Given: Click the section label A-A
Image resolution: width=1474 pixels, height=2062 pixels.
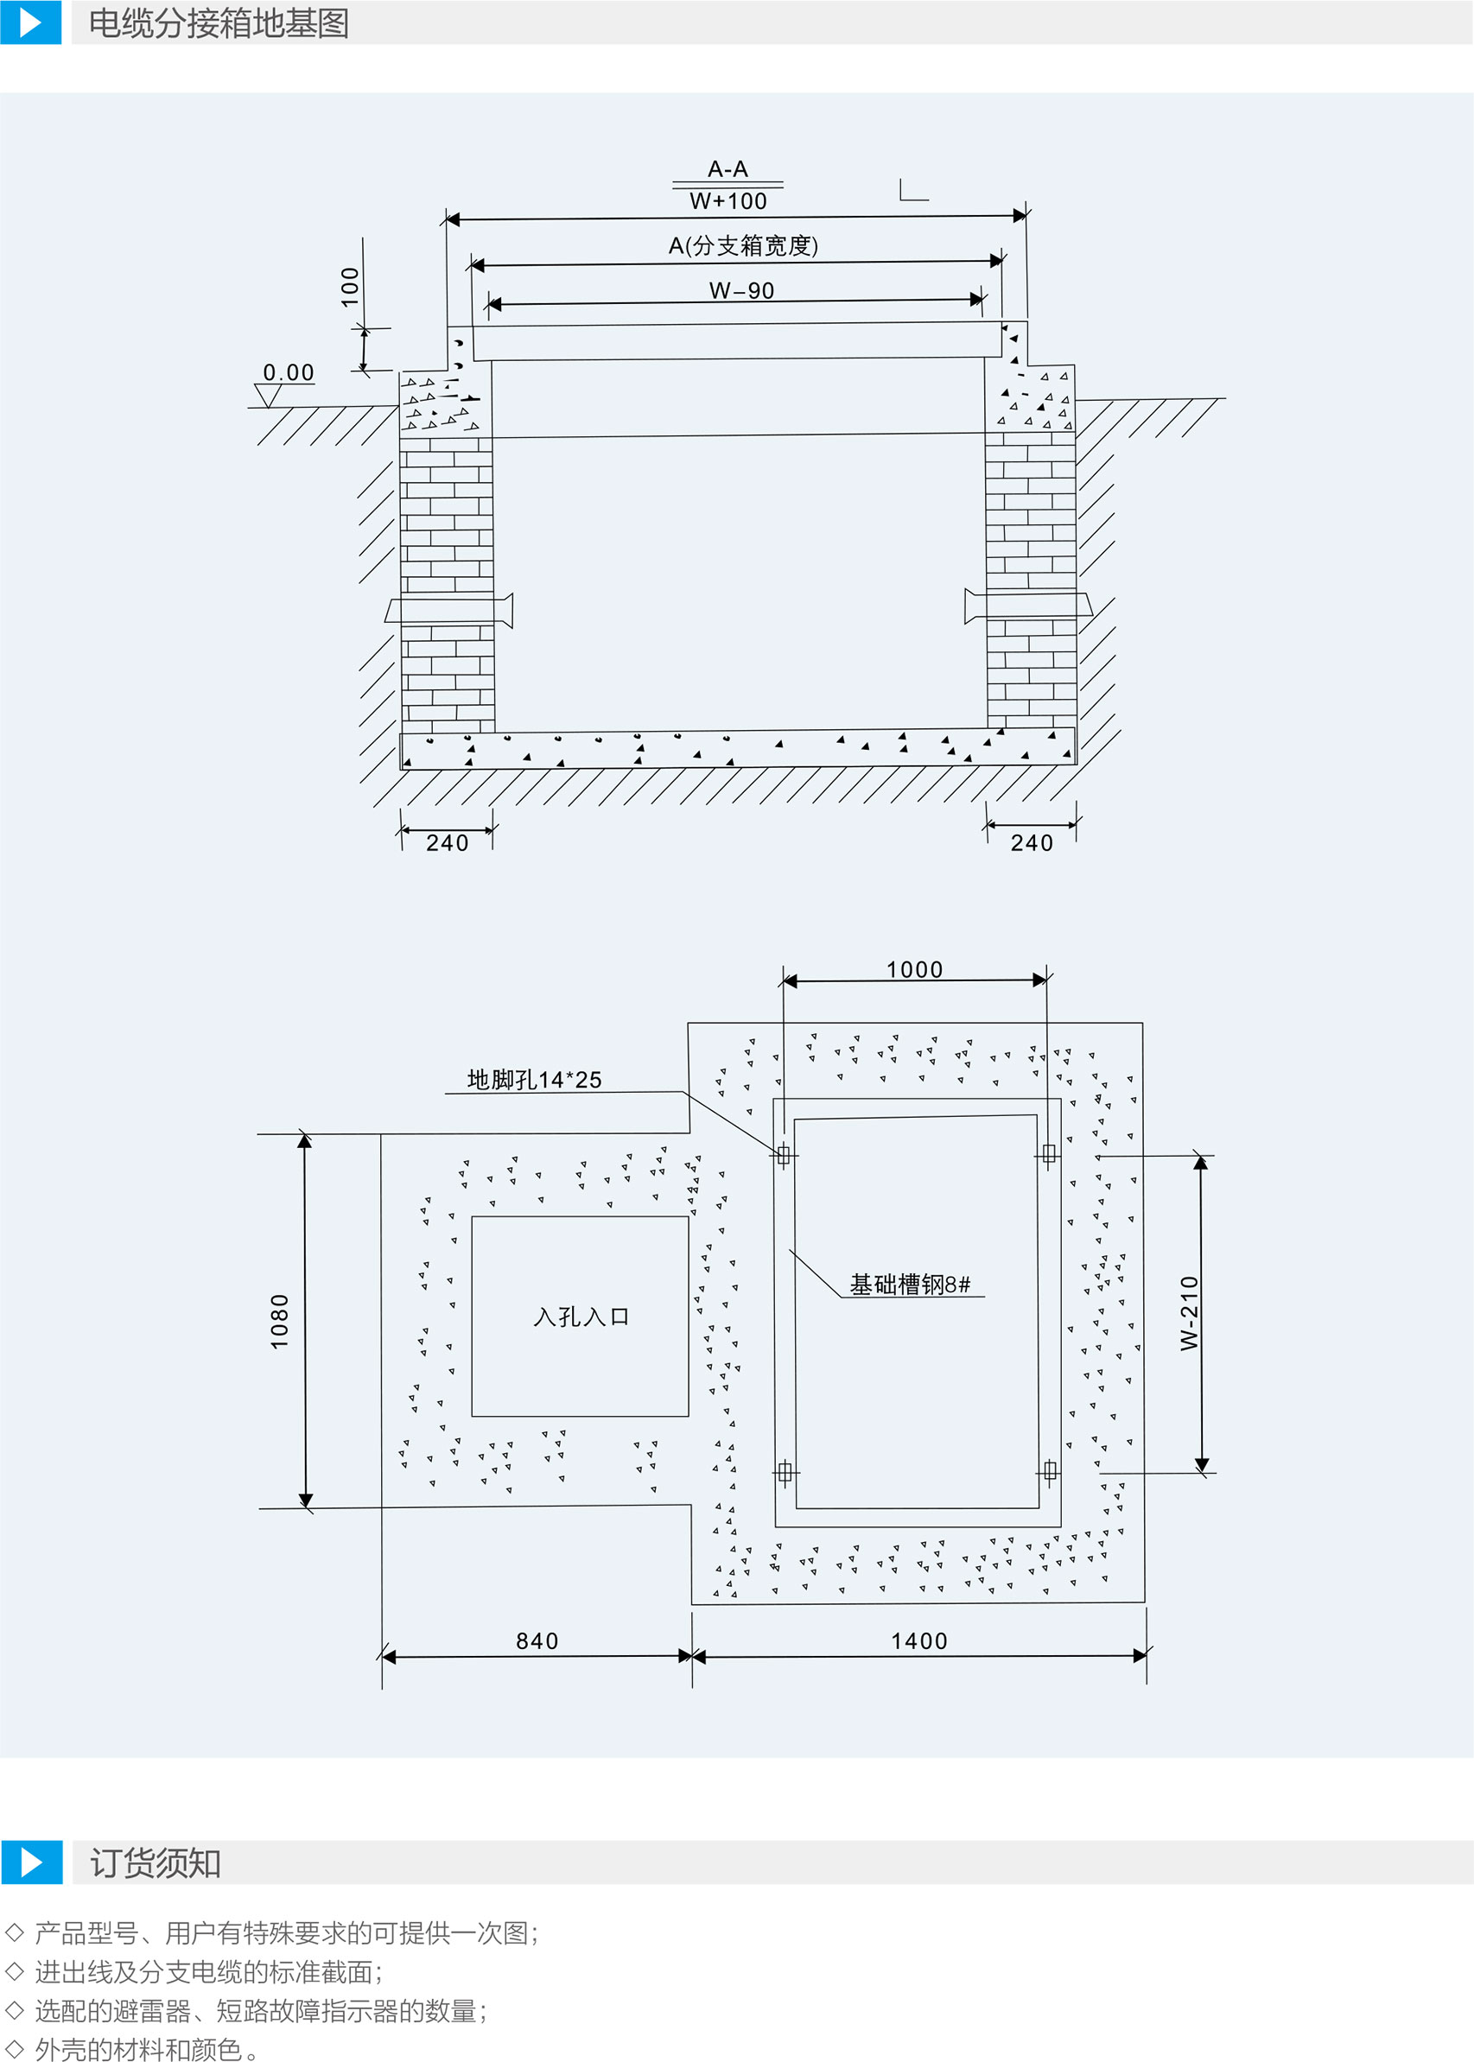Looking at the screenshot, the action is [x=727, y=168].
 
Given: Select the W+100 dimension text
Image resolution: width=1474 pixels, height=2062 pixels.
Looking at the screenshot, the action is [x=727, y=200].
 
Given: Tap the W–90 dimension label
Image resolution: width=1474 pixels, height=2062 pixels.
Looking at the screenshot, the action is [x=741, y=290].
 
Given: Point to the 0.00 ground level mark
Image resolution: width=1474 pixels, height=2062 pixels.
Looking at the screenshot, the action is [x=289, y=372].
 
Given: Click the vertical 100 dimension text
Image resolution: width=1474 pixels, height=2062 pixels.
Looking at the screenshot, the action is [x=349, y=287].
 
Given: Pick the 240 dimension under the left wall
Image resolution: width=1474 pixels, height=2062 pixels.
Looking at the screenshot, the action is [x=448, y=843].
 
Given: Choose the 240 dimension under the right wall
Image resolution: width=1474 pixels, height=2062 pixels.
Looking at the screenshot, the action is [x=1032, y=843].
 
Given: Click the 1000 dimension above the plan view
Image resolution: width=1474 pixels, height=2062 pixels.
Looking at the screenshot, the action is [x=915, y=969].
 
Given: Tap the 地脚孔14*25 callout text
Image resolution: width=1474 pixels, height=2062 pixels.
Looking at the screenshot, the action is [x=535, y=1079].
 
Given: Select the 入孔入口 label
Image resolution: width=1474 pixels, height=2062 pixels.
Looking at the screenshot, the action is [x=581, y=1317].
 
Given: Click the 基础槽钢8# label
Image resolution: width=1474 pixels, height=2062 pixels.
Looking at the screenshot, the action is [x=911, y=1285].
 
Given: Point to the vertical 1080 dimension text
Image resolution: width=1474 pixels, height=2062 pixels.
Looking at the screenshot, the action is [x=280, y=1322].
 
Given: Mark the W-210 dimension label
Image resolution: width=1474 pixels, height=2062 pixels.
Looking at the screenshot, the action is [x=1189, y=1312].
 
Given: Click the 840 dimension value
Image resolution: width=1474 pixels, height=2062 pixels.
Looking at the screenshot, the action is [x=537, y=1641].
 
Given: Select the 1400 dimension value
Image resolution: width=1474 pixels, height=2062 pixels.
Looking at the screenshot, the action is [x=919, y=1641].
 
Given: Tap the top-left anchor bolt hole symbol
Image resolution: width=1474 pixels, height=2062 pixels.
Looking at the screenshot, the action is [x=784, y=1154].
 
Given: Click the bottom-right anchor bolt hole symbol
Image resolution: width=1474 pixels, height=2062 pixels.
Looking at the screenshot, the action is [x=1050, y=1471].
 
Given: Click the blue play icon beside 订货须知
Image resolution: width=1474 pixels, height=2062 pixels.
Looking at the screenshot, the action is [x=32, y=1862].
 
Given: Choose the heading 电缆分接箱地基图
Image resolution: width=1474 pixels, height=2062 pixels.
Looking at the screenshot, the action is [x=219, y=23].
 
